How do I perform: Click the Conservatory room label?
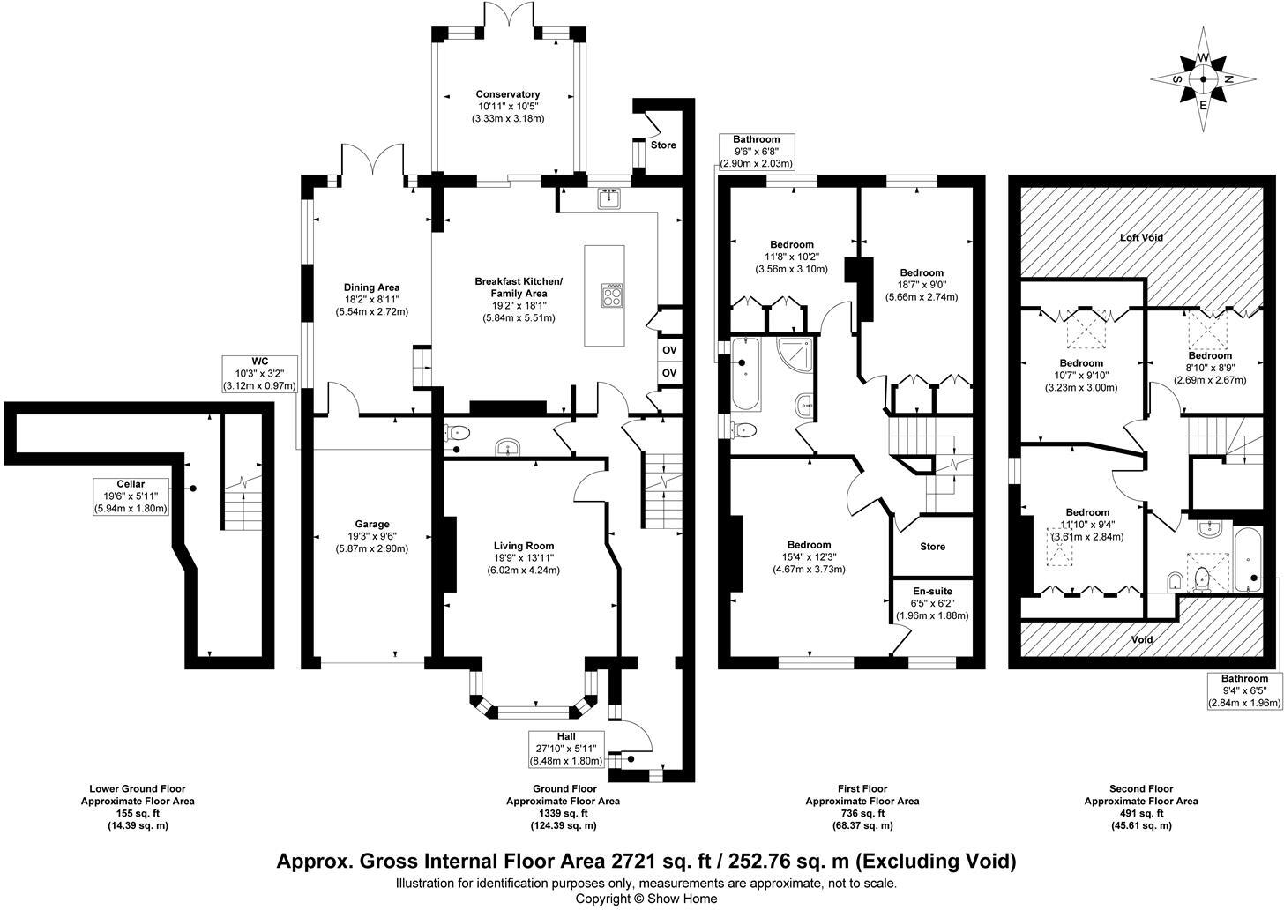(507, 94)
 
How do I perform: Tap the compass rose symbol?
(1203, 79)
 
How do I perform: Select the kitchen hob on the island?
(611, 295)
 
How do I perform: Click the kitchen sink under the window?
(608, 200)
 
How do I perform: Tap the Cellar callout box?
(131, 496)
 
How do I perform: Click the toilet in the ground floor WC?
(458, 432)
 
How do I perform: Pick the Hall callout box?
(565, 749)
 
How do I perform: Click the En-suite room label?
(932, 591)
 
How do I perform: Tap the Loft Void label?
(1141, 237)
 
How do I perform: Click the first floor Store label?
(932, 547)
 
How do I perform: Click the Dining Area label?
(371, 287)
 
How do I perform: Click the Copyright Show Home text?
(646, 899)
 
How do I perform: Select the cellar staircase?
(239, 508)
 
